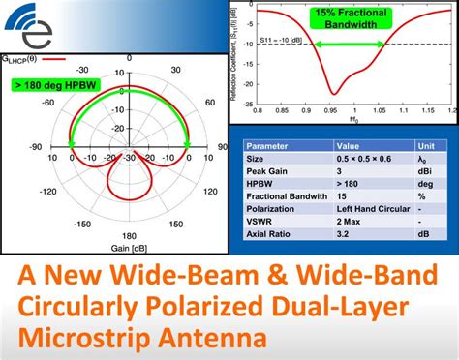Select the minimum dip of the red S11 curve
tap(332, 94)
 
